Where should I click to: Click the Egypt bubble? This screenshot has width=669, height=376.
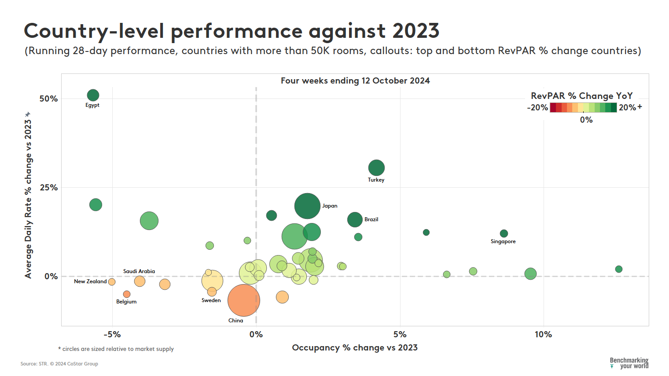[93, 95]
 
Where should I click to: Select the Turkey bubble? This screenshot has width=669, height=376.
[376, 168]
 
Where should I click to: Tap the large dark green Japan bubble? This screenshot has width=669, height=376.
[307, 206]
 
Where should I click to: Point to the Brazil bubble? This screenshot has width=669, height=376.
[355, 219]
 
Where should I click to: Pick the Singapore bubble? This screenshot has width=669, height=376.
[504, 234]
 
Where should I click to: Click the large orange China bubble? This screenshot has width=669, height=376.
[243, 300]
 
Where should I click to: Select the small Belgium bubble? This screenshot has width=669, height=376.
[127, 294]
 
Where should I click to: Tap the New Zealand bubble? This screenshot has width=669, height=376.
[112, 282]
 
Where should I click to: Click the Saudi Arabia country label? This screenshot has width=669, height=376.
[139, 271]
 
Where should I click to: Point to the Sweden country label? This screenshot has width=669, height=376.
[211, 300]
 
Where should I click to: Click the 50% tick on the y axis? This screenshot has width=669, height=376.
[48, 99]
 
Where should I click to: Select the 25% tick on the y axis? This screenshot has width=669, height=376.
[48, 188]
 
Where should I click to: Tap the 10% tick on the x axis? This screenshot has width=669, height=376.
[543, 335]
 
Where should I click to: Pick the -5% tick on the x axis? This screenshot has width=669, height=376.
[112, 335]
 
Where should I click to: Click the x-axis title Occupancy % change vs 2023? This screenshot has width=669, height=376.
[355, 348]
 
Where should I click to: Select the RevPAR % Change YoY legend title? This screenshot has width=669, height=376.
[581, 96]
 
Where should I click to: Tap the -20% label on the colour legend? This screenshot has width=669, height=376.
[537, 108]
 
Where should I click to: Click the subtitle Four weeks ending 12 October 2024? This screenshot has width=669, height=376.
[355, 81]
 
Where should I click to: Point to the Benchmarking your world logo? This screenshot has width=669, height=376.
[629, 363]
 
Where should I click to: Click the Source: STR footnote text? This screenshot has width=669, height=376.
[59, 364]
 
